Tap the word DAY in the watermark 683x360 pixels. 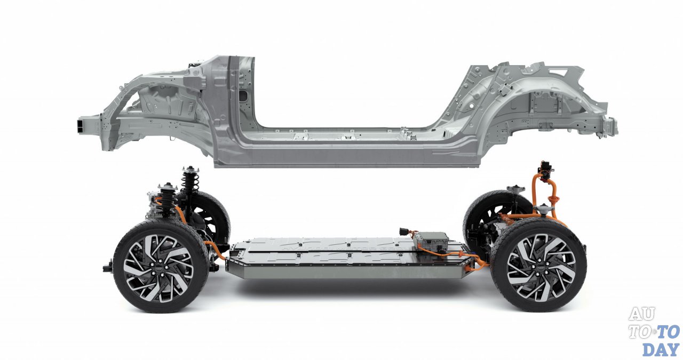click(661, 349)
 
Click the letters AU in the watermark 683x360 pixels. click(642, 314)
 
